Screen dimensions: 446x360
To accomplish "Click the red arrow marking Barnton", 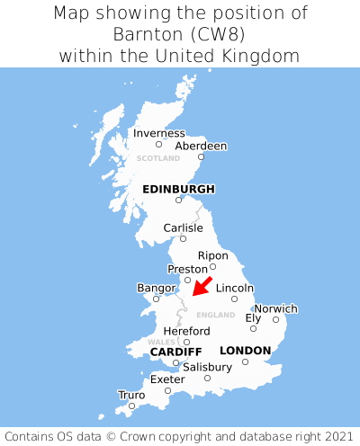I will pyautogui.click(x=202, y=287).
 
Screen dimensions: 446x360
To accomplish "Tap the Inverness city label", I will pyautogui.click(x=158, y=133).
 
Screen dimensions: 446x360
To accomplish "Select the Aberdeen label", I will pyautogui.click(x=201, y=146).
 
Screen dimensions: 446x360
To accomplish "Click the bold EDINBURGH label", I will pyautogui.click(x=178, y=189).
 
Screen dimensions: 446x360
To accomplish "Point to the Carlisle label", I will pyautogui.click(x=183, y=227).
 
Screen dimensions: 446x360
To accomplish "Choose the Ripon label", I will pyautogui.click(x=213, y=255).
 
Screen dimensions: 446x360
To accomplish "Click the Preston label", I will pyautogui.click(x=188, y=269).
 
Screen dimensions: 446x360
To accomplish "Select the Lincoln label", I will pyautogui.click(x=235, y=288).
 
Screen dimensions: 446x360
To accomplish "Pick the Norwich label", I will pyautogui.click(x=275, y=308).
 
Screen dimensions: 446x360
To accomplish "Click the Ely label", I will pyautogui.click(x=253, y=317).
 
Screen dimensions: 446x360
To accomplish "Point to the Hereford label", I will pyautogui.click(x=186, y=331).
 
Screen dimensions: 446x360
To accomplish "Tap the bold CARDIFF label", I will pyautogui.click(x=175, y=351).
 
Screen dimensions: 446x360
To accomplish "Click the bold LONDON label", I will pyautogui.click(x=245, y=350).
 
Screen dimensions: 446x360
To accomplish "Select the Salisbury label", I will pyautogui.click(x=207, y=367).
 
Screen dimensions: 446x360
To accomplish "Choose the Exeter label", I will pyautogui.click(x=167, y=379).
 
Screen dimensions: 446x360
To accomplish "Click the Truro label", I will pyautogui.click(x=131, y=395).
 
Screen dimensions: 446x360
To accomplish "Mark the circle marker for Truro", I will pyautogui.click(x=131, y=406).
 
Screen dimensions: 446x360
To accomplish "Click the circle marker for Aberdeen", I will pyautogui.click(x=201, y=157).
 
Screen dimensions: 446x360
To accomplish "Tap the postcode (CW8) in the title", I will pyautogui.click(x=220, y=34).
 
